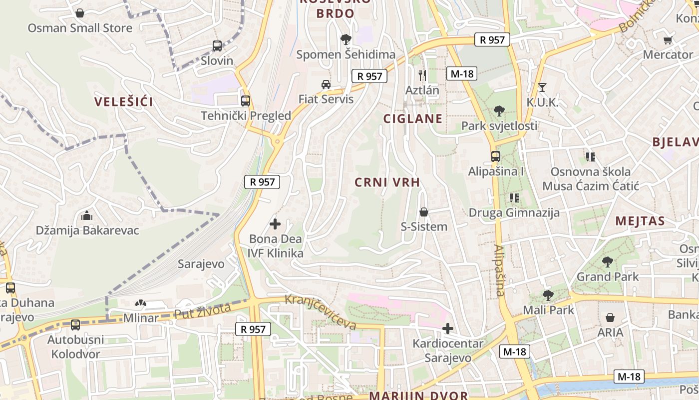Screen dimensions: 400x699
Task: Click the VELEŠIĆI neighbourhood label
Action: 124,102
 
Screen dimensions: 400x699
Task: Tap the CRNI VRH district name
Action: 387,182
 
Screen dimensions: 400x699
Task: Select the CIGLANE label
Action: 412,118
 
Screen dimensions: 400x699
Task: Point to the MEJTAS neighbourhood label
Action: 640,221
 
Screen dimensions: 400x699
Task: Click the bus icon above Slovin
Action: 217,46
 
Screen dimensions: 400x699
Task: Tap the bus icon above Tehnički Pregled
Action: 245,100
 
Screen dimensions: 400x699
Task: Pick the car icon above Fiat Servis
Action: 326,84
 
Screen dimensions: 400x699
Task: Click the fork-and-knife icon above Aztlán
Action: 422,75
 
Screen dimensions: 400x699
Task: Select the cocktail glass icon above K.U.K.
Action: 542,87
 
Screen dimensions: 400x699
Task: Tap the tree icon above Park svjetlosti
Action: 499,111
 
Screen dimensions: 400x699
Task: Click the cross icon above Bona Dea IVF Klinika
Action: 275,224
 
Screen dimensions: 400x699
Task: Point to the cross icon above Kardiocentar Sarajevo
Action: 448,328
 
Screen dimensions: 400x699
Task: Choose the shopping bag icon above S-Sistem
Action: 424,212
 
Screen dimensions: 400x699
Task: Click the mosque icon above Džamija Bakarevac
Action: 87,216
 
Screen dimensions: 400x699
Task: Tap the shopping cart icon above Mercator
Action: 668,40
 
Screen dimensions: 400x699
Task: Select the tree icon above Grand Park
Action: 607,261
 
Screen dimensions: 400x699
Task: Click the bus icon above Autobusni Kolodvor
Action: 75,325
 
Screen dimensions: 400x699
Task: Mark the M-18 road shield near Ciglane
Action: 461,73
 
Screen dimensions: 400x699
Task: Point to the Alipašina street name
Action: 499,270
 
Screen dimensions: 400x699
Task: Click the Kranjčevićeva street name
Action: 321,312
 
